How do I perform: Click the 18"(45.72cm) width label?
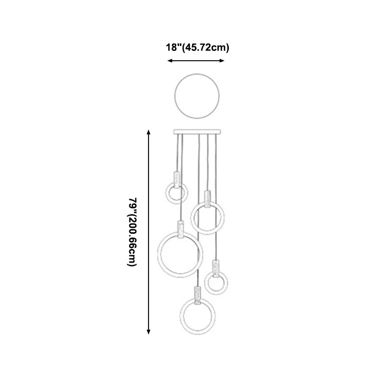click(197, 48)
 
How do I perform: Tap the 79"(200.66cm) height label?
click(132, 232)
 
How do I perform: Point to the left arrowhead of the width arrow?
click(170, 60)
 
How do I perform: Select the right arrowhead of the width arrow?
click(222, 60)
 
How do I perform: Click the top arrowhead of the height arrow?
click(148, 132)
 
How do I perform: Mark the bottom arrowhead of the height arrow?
click(148, 332)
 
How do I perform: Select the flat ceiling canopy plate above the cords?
click(197, 132)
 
